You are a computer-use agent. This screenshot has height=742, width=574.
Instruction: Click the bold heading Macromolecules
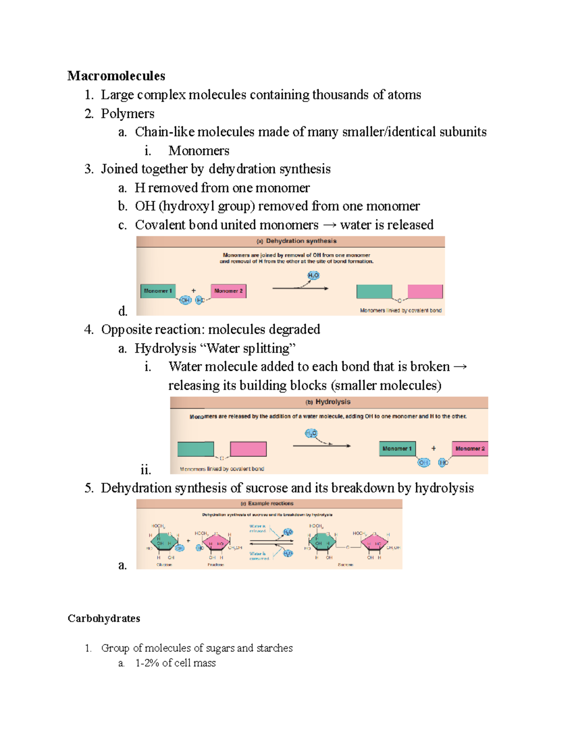tap(116, 76)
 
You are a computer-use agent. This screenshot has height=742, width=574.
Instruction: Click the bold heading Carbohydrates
tap(104, 618)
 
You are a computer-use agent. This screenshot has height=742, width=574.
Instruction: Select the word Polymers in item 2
tap(127, 114)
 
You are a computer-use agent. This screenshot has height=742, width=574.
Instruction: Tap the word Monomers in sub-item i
tap(199, 151)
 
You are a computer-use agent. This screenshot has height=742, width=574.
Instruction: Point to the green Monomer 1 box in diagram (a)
tap(158, 290)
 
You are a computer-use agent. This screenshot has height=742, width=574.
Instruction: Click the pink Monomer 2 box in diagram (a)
tap(228, 290)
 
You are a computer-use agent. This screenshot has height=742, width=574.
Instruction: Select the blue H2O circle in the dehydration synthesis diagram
tap(313, 276)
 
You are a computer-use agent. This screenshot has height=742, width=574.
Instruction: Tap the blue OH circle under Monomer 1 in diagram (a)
tap(185, 300)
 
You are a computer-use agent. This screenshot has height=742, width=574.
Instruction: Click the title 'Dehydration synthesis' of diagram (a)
tap(301, 241)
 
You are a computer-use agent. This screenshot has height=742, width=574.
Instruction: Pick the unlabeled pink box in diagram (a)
tap(425, 291)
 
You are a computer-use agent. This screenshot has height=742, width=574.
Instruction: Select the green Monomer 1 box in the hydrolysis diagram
tap(397, 449)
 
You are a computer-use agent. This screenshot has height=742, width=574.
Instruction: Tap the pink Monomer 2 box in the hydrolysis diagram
tap(470, 449)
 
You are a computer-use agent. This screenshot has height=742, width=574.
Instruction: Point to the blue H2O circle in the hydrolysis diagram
tap(311, 433)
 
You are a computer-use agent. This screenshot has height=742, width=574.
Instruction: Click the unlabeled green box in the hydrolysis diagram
tap(196, 449)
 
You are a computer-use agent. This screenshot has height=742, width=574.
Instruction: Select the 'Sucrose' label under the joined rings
tap(345, 565)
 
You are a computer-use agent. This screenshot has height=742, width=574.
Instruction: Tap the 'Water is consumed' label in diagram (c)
tap(259, 556)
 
